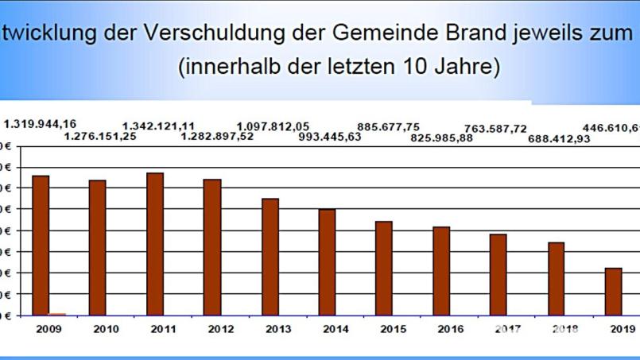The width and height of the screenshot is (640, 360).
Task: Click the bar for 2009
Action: (x=41, y=245)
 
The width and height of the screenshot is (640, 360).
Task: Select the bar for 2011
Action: (x=155, y=244)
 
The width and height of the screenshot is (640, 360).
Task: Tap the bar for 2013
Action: (x=270, y=257)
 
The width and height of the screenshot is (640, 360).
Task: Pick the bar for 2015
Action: (x=384, y=268)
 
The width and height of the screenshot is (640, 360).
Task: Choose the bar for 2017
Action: (x=498, y=274)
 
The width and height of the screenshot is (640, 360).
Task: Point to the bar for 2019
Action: (x=613, y=292)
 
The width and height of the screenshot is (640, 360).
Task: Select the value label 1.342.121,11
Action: (x=158, y=126)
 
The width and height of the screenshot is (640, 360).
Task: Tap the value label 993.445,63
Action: (x=329, y=137)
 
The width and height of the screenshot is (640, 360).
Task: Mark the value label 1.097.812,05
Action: (x=273, y=126)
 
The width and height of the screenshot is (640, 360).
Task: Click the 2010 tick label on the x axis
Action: (x=106, y=329)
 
